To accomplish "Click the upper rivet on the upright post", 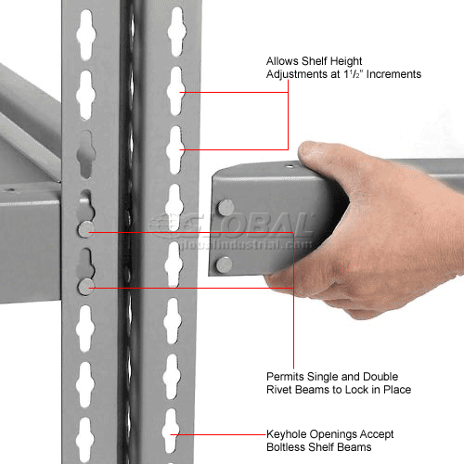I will (85, 229).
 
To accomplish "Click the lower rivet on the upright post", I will (85, 287).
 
